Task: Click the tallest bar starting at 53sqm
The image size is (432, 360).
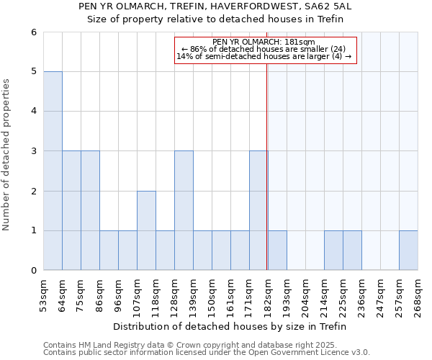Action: click(x=53, y=171)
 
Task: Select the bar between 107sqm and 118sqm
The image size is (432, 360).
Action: click(x=146, y=230)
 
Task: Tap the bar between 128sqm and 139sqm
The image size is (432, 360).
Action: click(x=184, y=210)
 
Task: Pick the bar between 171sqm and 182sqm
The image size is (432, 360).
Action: click(x=258, y=210)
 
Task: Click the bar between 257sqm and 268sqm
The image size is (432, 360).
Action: click(x=408, y=251)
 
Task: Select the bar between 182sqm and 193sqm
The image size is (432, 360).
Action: click(x=277, y=251)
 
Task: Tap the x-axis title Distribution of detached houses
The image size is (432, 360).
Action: click(x=230, y=326)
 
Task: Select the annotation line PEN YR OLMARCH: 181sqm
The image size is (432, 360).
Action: click(x=264, y=42)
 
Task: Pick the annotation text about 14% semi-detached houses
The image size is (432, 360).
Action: click(x=264, y=56)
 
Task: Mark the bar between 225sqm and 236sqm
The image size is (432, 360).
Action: click(x=352, y=251)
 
